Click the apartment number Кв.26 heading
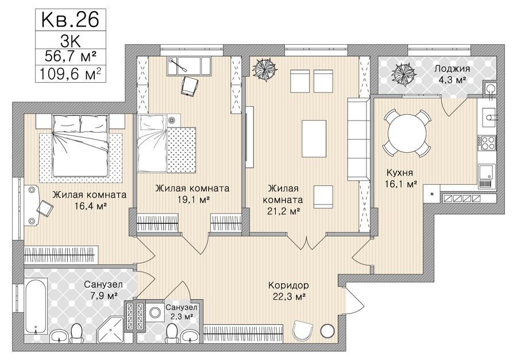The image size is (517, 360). pyautogui.click(x=70, y=20)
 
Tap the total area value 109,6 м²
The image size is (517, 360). pyautogui.click(x=70, y=74)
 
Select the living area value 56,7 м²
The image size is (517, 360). pyautogui.click(x=70, y=56)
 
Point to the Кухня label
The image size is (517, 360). pyautogui.click(x=400, y=172)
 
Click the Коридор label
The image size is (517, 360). pyautogui.click(x=288, y=285)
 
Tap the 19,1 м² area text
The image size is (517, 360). pyautogui.click(x=192, y=199)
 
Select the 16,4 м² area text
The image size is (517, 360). pyautogui.click(x=90, y=206)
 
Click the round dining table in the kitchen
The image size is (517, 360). pyautogui.click(x=407, y=134)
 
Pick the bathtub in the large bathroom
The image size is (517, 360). pyautogui.click(x=36, y=308)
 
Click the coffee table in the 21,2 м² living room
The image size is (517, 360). pyautogui.click(x=314, y=139)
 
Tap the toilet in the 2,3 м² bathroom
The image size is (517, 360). pyautogui.click(x=171, y=332)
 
